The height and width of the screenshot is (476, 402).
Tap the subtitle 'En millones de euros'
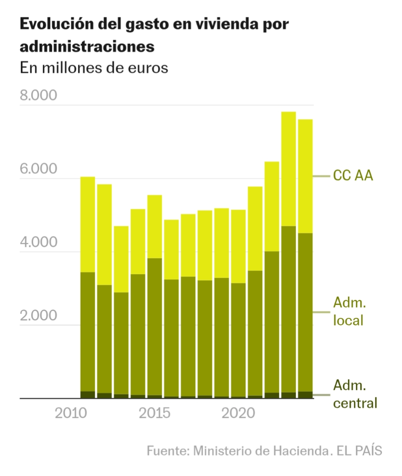point(94,68)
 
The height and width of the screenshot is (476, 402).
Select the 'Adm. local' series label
point(349,311)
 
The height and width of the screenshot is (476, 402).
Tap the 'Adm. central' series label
point(354,394)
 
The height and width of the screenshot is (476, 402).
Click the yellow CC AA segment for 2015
point(155,226)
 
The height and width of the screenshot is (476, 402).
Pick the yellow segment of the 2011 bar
point(88,224)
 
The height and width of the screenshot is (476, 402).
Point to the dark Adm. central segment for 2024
point(305,395)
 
